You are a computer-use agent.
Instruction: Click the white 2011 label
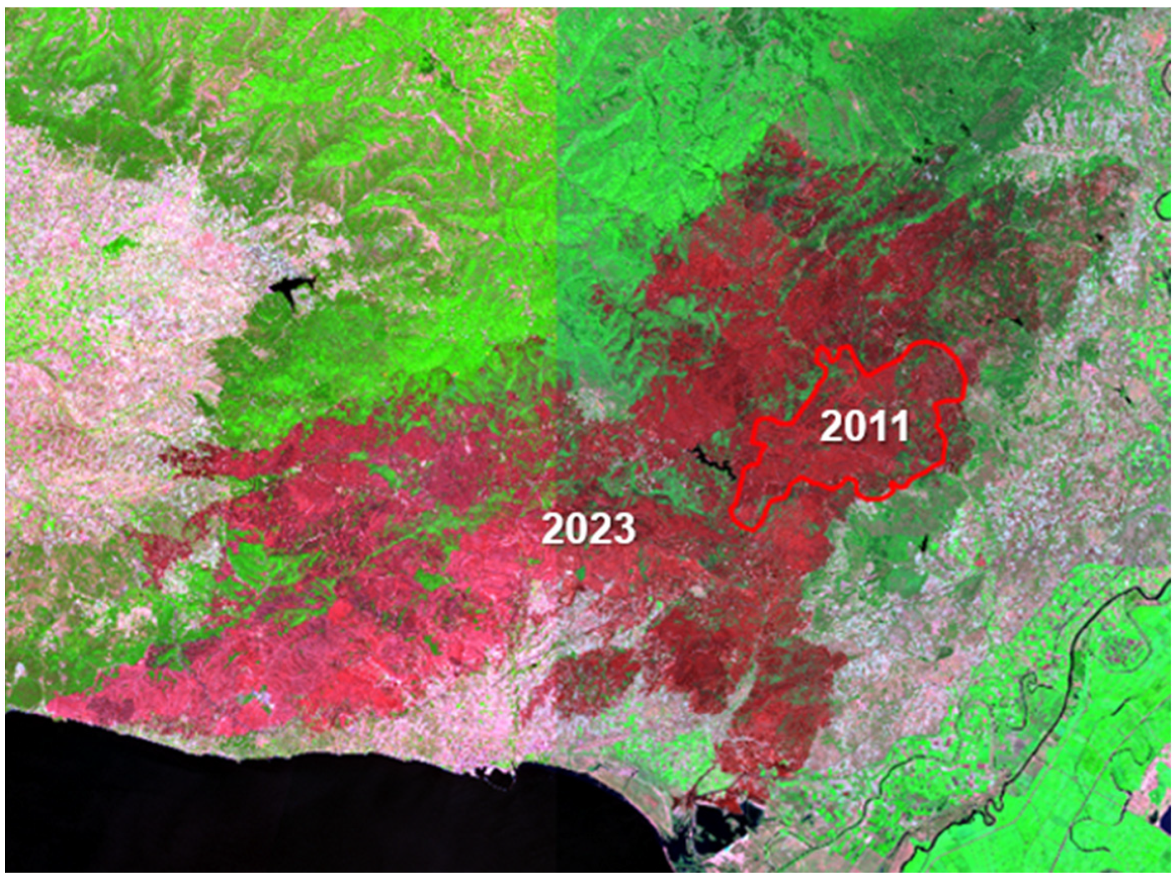(x=864, y=426)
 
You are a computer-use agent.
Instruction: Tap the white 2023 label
(x=588, y=528)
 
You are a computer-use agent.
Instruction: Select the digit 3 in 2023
(x=624, y=528)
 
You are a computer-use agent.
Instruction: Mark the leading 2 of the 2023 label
(x=553, y=528)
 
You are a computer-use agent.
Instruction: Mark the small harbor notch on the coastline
(x=494, y=778)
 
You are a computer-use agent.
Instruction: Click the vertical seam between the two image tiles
(x=556, y=168)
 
